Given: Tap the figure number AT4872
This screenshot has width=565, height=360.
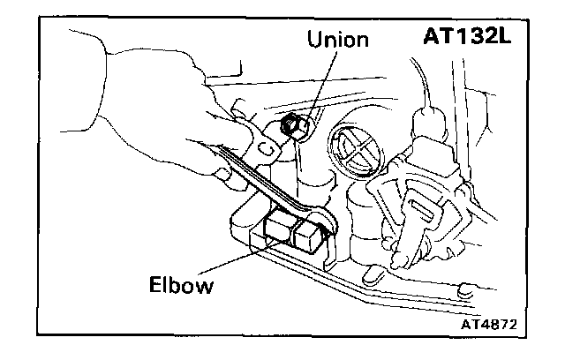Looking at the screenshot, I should pos(486,324).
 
